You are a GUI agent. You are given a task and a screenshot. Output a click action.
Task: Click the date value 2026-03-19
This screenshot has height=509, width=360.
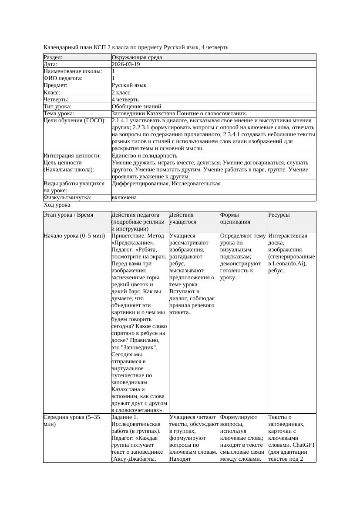pyautogui.click(x=126, y=64)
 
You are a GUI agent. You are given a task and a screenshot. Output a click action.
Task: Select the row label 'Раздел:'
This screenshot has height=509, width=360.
pyautogui.click(x=53, y=57)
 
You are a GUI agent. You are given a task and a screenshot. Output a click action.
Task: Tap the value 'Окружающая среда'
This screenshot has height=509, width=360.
pyautogui.click(x=134, y=57)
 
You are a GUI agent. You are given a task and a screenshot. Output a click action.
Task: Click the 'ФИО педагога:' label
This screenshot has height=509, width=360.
pyautogui.click(x=63, y=78)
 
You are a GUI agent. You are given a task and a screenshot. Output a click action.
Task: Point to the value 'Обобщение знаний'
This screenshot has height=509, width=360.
pyautogui.click(x=136, y=106)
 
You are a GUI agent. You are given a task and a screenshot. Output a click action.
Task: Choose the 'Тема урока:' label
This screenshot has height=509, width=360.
pyautogui.click(x=59, y=113)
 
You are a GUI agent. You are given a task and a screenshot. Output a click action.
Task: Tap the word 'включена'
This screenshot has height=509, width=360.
pyautogui.click(x=124, y=198)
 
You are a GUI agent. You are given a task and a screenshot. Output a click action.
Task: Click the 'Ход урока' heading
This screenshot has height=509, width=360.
pyautogui.click(x=57, y=204)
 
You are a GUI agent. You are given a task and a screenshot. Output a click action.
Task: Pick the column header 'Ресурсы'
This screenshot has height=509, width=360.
pyautogui.click(x=279, y=215)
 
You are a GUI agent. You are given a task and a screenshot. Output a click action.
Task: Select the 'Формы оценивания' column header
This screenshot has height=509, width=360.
pyautogui.click(x=235, y=218)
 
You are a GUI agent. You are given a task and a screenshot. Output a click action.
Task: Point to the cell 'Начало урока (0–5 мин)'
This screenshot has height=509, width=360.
pyautogui.click(x=74, y=236)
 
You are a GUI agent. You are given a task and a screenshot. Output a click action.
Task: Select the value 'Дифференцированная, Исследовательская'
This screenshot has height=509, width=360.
pyautogui.click(x=166, y=184)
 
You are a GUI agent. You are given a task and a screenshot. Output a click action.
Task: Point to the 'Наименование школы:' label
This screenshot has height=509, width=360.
pyautogui.click(x=73, y=71)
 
